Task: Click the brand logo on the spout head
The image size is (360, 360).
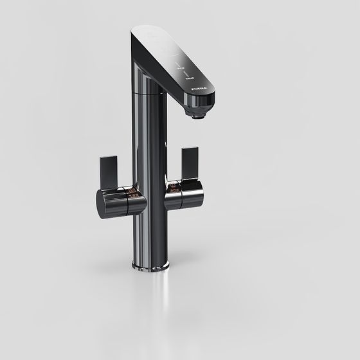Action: (x=195, y=83)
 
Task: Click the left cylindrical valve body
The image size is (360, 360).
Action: (x=122, y=204)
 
